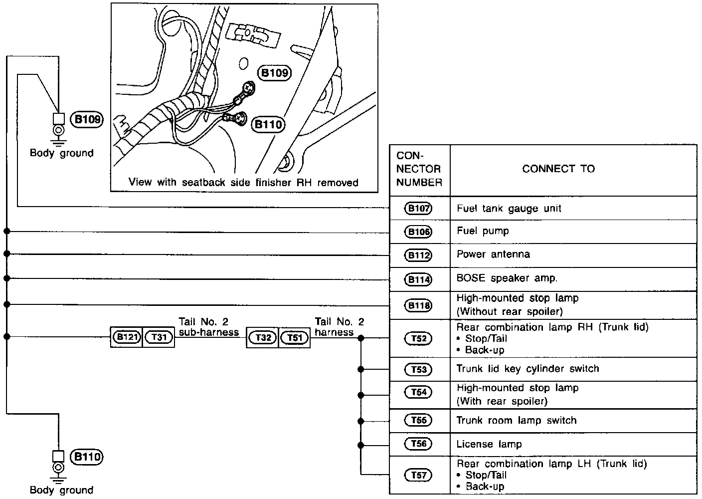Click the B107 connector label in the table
(418, 209)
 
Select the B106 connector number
(418, 232)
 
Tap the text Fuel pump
(483, 231)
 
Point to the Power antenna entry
(493, 254)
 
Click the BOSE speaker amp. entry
(507, 278)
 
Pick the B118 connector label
(418, 305)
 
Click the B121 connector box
(127, 337)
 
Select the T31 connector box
(159, 337)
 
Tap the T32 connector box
(263, 338)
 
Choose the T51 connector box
(295, 338)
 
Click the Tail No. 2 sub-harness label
(208, 327)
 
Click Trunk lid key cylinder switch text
(527, 369)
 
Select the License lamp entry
(489, 444)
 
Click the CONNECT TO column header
(558, 169)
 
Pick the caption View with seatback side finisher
(243, 183)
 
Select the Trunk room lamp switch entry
(516, 421)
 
